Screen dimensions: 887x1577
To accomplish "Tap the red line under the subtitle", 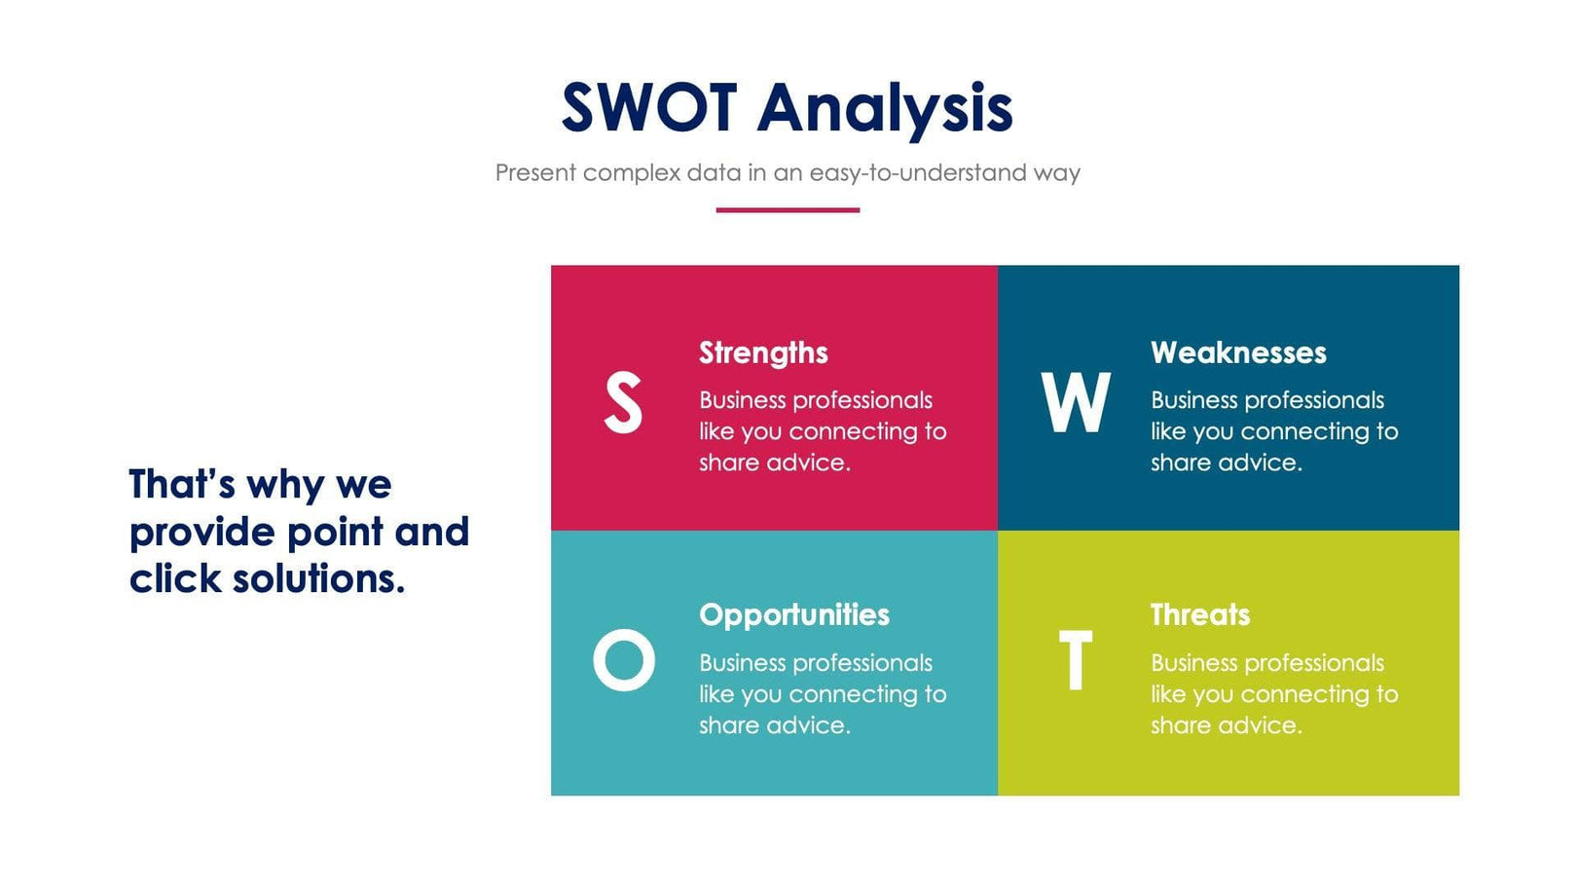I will (x=788, y=209).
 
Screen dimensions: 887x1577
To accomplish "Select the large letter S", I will (x=623, y=402).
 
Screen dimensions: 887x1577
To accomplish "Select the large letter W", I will (x=1075, y=402).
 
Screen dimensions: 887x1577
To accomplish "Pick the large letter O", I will (x=623, y=660).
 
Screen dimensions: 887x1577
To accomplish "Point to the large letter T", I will (x=1075, y=660).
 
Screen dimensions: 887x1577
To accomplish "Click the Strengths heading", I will (x=763, y=352).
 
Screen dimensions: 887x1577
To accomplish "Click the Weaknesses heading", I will (x=1238, y=352).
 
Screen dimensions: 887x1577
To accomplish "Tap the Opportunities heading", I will (x=794, y=614).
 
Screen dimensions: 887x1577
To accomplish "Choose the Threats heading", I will (x=1200, y=614).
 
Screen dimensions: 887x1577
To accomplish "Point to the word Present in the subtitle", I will (x=535, y=173).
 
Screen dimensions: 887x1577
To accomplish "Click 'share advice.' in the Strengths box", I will (x=775, y=462).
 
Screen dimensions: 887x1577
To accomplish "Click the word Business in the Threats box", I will (x=1193, y=663).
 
